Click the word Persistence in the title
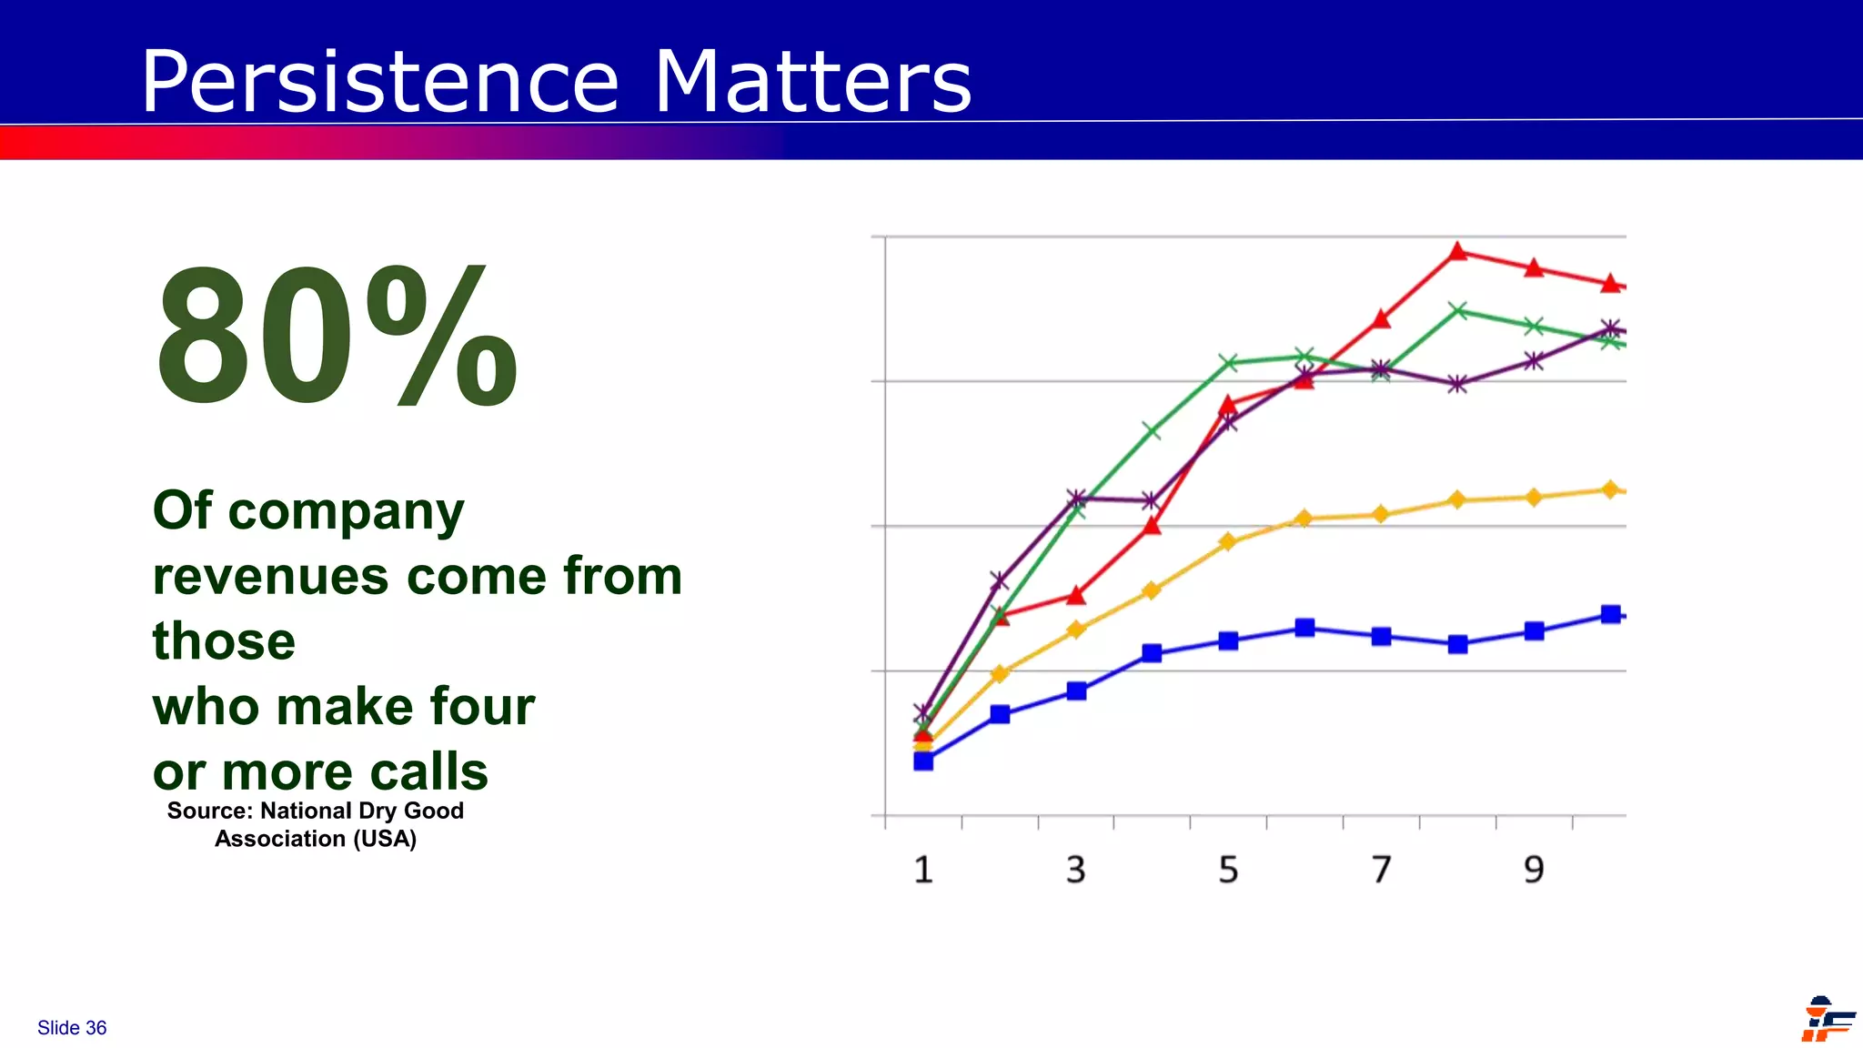click(380, 82)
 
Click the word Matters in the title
click(812, 82)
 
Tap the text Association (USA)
click(316, 839)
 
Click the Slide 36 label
click(72, 1028)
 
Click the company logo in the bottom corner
click(1826, 1020)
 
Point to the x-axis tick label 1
click(923, 871)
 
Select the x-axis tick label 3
click(1076, 871)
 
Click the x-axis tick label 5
click(1228, 871)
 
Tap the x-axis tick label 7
click(1381, 871)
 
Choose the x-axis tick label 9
click(1534, 871)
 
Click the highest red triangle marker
click(1457, 252)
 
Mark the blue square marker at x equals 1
click(923, 761)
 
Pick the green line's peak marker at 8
click(1457, 311)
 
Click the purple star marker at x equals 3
click(1076, 498)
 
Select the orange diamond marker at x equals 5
click(1228, 542)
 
